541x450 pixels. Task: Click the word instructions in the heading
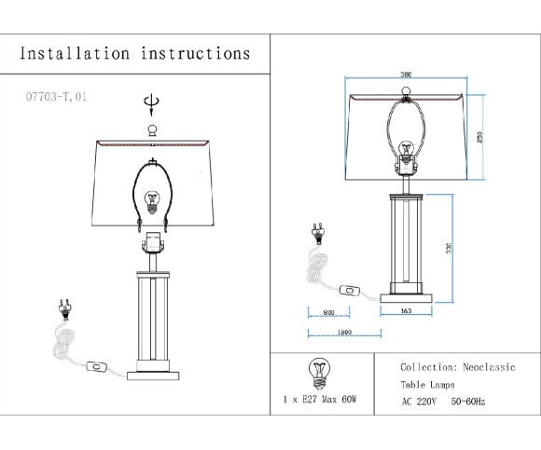[195, 53]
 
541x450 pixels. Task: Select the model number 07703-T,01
[57, 96]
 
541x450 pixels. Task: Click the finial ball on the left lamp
[152, 129]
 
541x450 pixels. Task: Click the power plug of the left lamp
[65, 308]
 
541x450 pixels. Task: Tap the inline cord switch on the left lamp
[95, 368]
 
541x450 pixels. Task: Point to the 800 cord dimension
[328, 313]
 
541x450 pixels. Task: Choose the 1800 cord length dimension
[343, 333]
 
